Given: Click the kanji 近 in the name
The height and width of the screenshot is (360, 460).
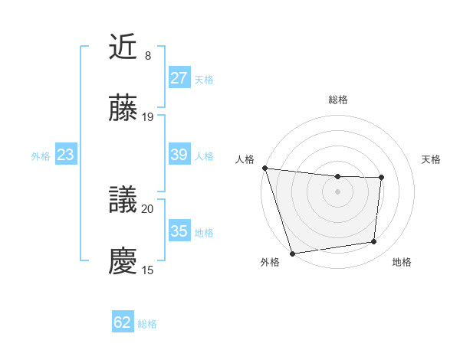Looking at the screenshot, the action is point(123,47).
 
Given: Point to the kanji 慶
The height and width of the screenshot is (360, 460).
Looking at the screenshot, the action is point(123,261).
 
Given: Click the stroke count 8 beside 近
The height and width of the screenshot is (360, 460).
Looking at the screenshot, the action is point(147,56).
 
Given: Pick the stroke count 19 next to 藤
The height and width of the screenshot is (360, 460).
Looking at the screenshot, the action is point(148,116).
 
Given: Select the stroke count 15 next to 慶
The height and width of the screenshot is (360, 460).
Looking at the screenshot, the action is point(148,270).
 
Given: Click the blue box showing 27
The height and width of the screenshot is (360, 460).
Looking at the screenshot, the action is point(179,78).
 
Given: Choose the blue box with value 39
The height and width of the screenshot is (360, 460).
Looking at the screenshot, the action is point(179,155).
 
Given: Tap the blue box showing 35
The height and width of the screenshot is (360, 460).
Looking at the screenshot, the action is point(179,231).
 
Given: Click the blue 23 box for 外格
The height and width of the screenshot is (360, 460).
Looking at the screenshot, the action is point(65,155).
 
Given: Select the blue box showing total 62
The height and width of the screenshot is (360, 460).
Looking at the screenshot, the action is point(123,322).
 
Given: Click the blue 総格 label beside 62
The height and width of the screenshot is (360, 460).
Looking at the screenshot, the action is point(147,324).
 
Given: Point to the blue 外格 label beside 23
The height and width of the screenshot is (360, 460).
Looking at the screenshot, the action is point(41,156).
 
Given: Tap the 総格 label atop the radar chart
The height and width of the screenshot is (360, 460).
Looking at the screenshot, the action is point(337,100).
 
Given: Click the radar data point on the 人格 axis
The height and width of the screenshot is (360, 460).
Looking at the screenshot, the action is point(264,168).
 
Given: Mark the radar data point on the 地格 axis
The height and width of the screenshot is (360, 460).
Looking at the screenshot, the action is point(374,242).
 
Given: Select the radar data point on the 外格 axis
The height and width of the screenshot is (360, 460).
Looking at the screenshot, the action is point(292,253).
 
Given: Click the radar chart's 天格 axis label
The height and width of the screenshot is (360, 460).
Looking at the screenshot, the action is point(431,159).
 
